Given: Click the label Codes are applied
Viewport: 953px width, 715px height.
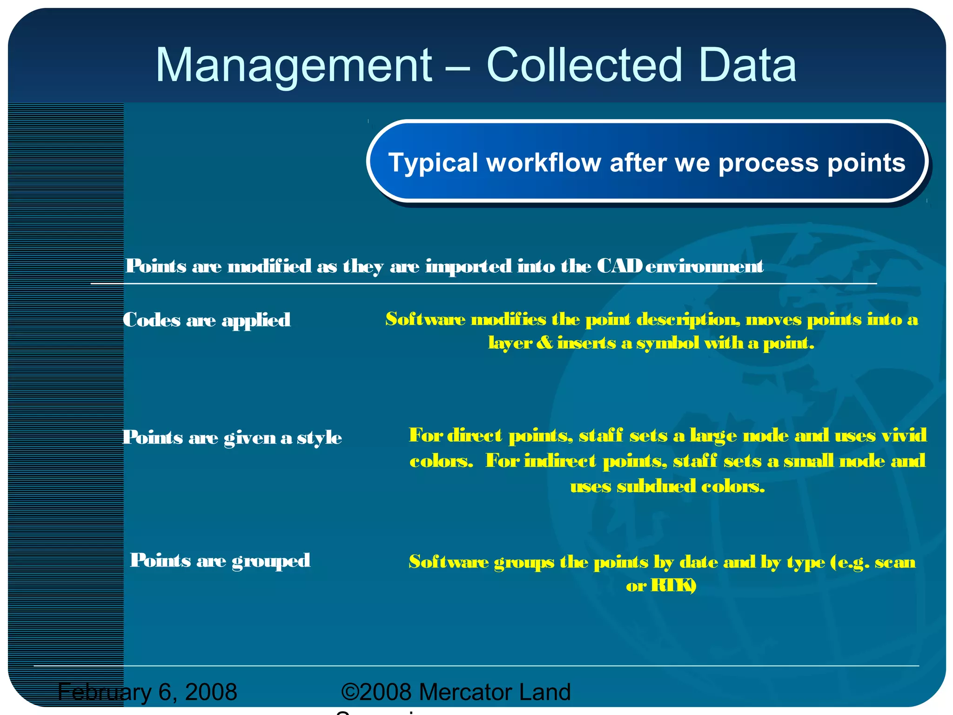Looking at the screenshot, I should click(x=206, y=320).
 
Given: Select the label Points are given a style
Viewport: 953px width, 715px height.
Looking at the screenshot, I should click(x=232, y=438).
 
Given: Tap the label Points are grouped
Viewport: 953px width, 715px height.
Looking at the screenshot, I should click(x=220, y=560).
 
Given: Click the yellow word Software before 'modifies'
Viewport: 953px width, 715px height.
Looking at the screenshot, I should click(x=425, y=319).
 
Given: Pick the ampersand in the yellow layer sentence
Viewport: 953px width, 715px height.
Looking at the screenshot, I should click(x=544, y=343).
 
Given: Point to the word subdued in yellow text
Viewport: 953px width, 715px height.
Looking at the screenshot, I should click(x=656, y=486).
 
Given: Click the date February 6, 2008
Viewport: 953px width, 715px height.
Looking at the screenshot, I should click(x=148, y=692).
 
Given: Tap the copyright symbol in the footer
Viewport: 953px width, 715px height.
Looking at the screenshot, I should click(x=350, y=692).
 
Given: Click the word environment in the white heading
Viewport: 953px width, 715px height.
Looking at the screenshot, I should click(x=704, y=266).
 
